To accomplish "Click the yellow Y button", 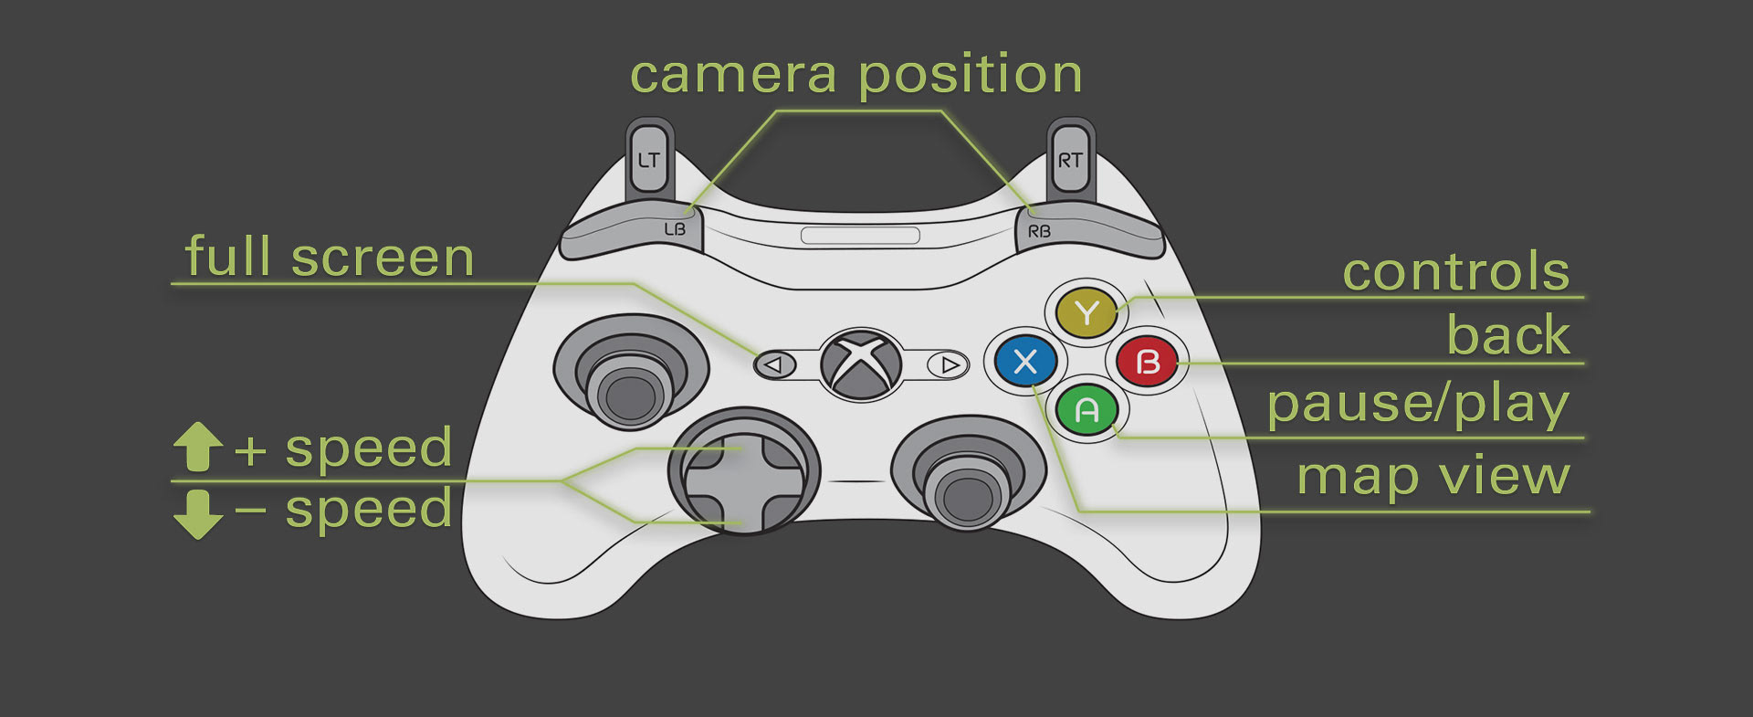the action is (1086, 312).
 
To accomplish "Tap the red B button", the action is (1147, 362).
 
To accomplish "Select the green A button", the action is (1086, 410).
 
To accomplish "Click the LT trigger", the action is (648, 160).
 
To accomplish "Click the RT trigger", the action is (1070, 160).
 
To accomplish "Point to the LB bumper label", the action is (675, 229).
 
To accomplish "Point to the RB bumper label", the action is (1039, 231).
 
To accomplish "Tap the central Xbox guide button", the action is (860, 364).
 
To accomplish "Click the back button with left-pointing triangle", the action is (774, 364).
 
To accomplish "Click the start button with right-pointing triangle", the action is (949, 364).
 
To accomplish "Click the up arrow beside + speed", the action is (198, 447).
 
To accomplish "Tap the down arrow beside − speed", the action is (198, 513).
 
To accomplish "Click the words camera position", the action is (856, 75).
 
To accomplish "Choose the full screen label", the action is (330, 258).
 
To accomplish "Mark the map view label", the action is (1433, 476).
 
